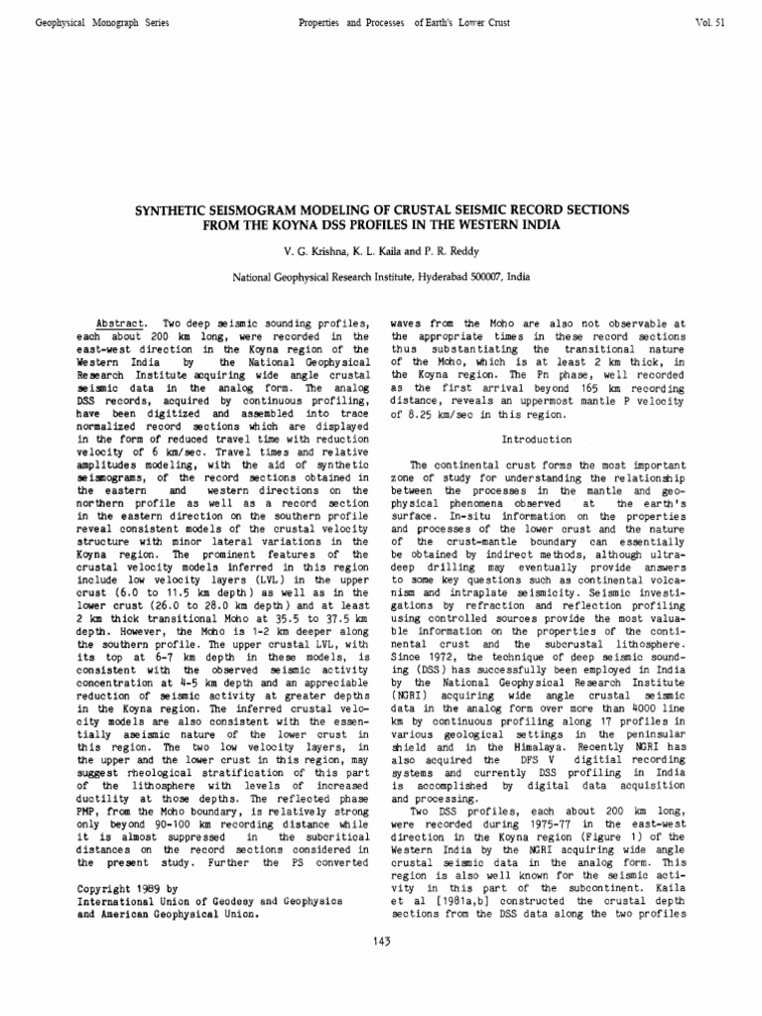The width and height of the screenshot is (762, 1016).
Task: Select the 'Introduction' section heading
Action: coord(537,439)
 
